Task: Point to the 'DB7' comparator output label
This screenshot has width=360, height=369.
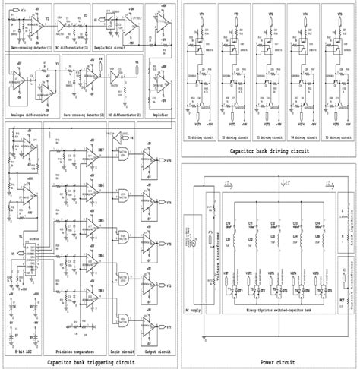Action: coord(101,153)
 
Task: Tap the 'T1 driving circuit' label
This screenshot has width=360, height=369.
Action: coord(201,138)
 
